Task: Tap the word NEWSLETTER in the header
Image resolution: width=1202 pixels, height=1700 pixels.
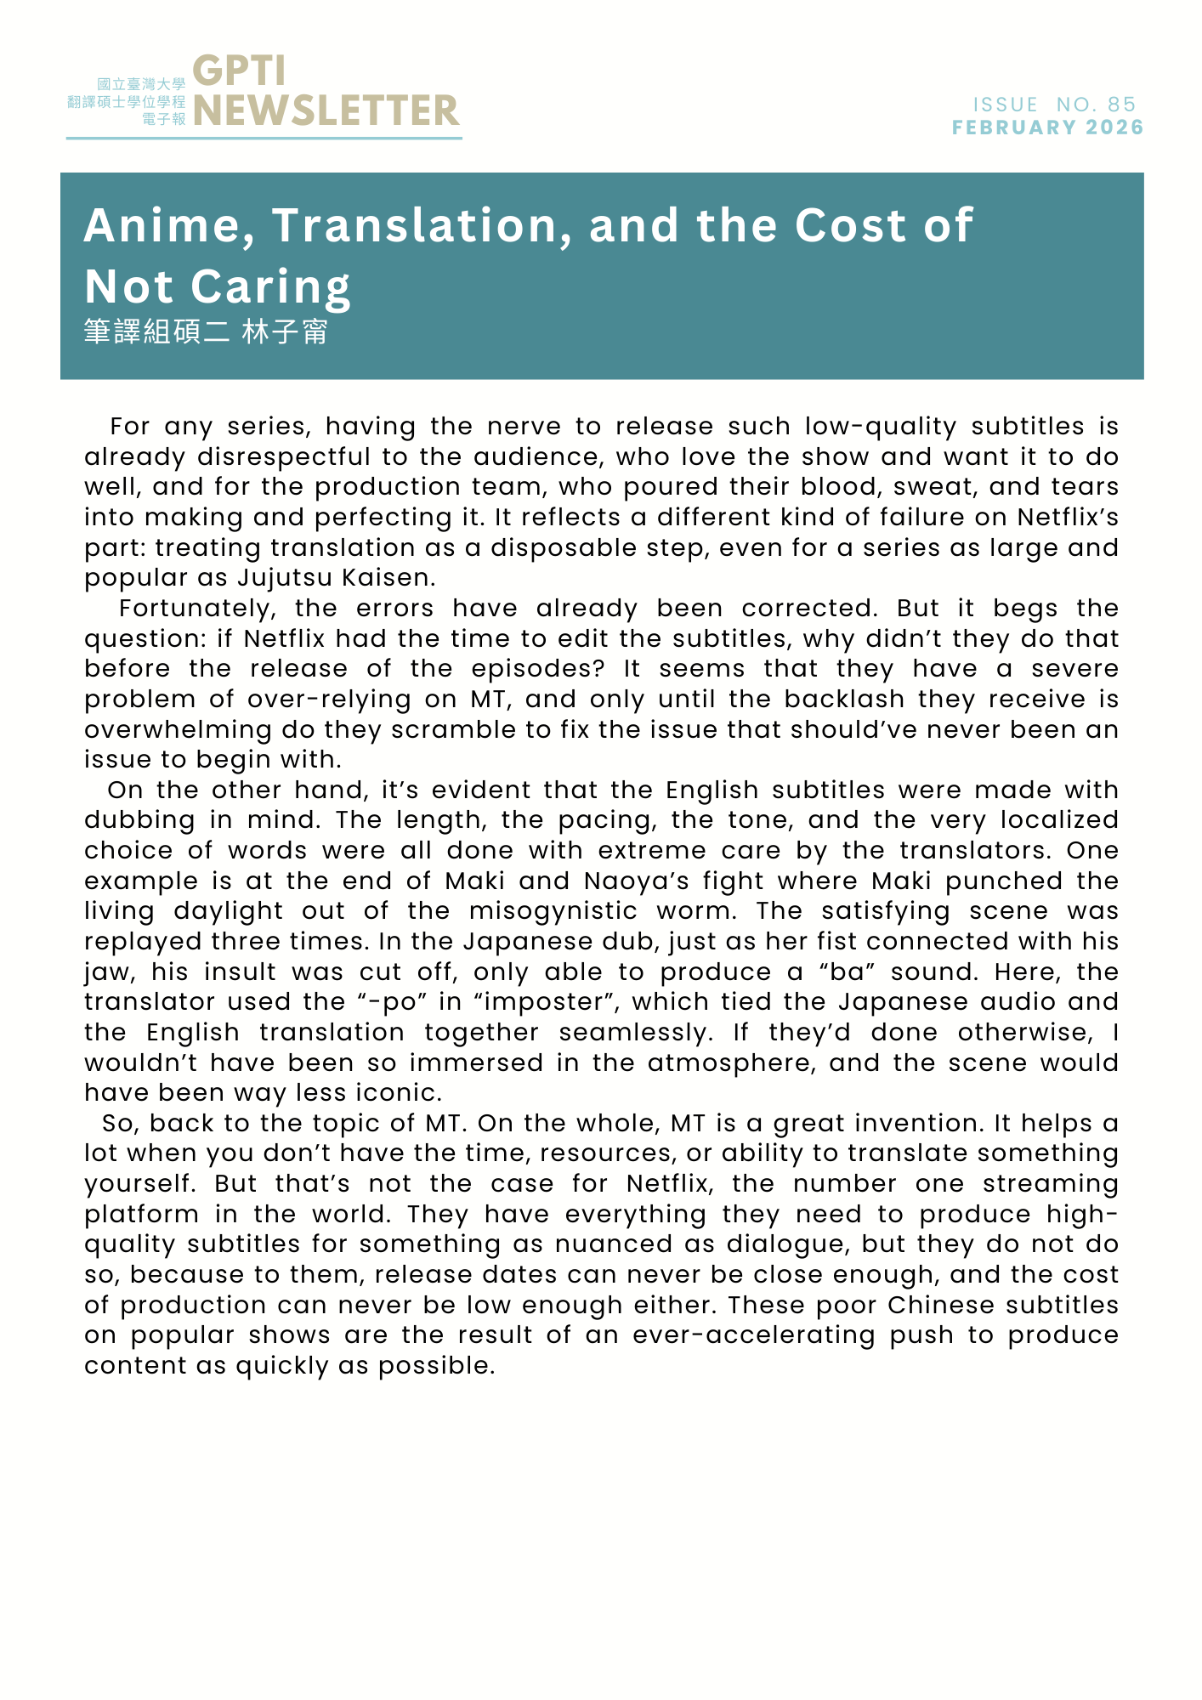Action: click(x=326, y=110)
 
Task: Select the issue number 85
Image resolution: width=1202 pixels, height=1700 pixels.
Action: click(x=1121, y=105)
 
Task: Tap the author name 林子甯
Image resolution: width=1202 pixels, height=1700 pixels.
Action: click(x=285, y=331)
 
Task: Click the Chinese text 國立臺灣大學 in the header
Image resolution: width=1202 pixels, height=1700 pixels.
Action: click(x=141, y=84)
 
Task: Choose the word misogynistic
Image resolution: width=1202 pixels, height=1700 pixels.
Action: click(x=553, y=911)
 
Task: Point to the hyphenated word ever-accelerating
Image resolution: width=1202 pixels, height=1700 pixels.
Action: click(x=753, y=1335)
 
